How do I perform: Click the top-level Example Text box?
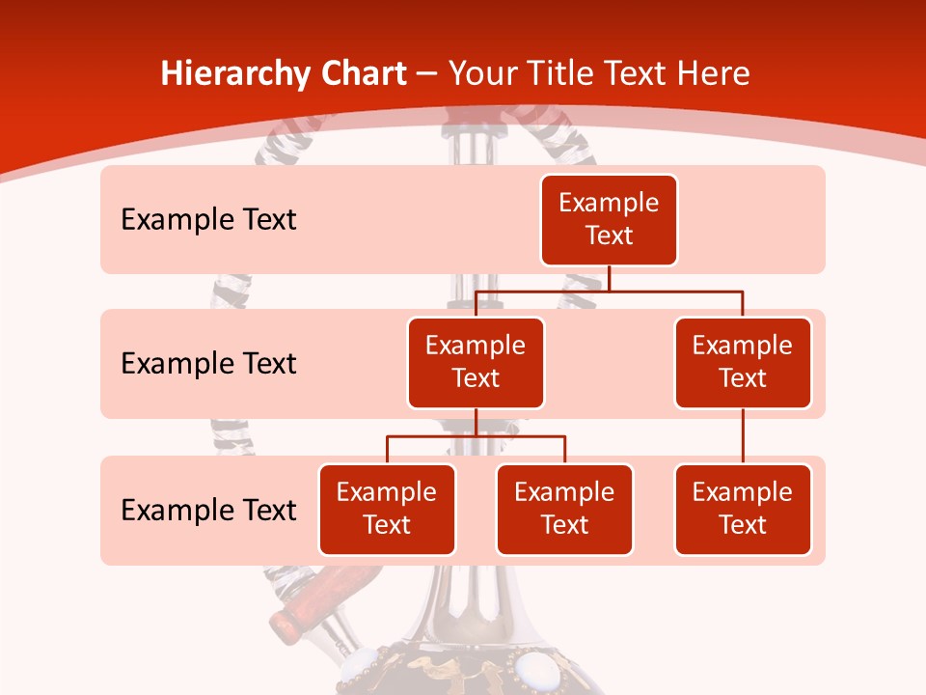click(x=609, y=220)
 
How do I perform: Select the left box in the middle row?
click(x=476, y=363)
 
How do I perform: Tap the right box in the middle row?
click(x=743, y=363)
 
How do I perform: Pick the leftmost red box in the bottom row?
click(x=387, y=510)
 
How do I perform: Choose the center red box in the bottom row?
click(x=564, y=510)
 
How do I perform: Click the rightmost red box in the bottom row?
click(x=743, y=510)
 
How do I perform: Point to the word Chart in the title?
click(x=363, y=74)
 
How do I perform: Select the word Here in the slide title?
click(x=713, y=74)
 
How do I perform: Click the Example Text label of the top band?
click(x=208, y=220)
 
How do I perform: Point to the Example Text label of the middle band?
click(x=208, y=364)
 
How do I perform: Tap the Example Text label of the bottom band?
click(x=208, y=510)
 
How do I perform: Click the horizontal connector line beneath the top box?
click(x=609, y=290)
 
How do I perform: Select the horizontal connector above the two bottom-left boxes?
click(x=476, y=436)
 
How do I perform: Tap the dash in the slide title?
click(x=427, y=74)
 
